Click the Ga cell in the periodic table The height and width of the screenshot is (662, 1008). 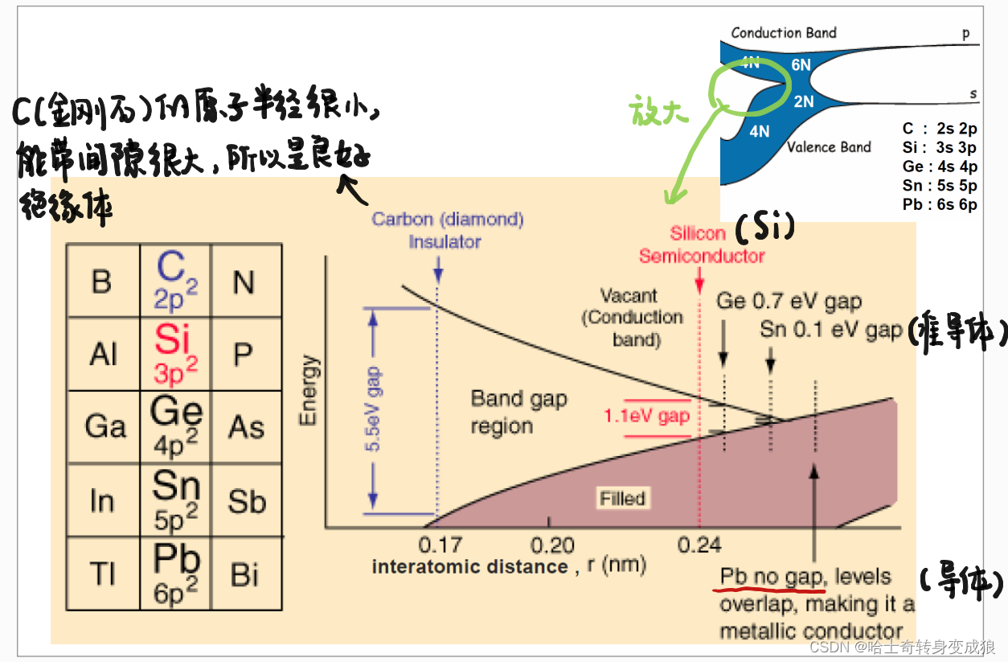105,426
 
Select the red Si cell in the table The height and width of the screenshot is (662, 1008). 176,354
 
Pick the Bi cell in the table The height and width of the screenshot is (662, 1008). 245,574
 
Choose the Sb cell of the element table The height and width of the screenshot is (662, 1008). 246,501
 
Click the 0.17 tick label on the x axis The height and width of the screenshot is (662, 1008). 440,545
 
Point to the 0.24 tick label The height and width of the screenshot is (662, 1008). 699,545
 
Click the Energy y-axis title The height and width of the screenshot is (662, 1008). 309,390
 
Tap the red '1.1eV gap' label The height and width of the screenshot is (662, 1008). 647,417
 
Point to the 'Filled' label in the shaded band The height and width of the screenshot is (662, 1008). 622,498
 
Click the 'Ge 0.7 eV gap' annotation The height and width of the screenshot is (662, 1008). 789,302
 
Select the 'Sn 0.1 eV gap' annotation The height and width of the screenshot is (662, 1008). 830,330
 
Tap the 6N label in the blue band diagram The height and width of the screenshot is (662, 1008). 801,65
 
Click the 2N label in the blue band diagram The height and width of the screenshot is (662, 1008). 804,101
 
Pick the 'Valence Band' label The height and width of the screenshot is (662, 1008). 829,147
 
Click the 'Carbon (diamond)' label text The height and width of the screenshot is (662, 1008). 447,220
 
